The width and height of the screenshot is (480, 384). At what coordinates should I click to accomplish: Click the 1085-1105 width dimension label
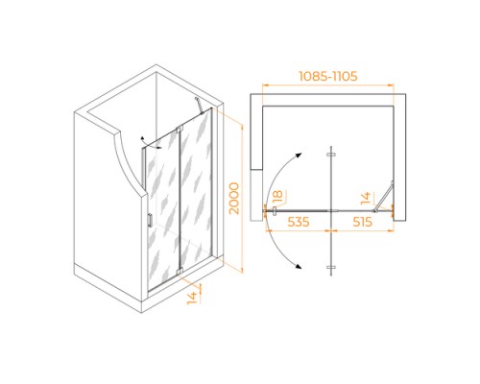pyautogui.click(x=328, y=76)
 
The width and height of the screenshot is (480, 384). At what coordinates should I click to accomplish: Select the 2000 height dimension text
pyautogui.click(x=234, y=198)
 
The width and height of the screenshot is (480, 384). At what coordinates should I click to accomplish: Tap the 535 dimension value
pyautogui.click(x=299, y=222)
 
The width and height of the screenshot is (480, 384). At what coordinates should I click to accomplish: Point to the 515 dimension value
pyautogui.click(x=362, y=222)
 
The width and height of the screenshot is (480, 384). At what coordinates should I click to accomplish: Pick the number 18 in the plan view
pyautogui.click(x=277, y=197)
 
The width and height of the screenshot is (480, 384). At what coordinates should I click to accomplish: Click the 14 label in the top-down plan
pyautogui.click(x=366, y=198)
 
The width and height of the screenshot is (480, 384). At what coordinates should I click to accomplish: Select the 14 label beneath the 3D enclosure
pyautogui.click(x=192, y=298)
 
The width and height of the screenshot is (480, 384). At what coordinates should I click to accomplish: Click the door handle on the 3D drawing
pyautogui.click(x=150, y=220)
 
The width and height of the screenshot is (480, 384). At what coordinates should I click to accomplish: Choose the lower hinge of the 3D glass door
pyautogui.click(x=180, y=272)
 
